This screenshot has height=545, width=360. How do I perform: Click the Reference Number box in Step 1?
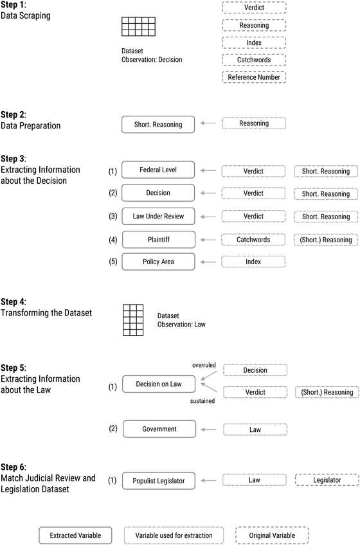(x=254, y=77)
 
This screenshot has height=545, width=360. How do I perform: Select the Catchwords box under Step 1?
(x=254, y=60)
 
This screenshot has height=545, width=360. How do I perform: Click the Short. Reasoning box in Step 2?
(x=158, y=124)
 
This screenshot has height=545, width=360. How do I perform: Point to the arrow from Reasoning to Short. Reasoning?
(x=208, y=124)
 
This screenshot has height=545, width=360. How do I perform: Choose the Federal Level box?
(x=158, y=171)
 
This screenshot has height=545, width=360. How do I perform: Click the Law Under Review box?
(x=158, y=217)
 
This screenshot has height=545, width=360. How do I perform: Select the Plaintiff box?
(x=158, y=240)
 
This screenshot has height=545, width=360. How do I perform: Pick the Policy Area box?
(x=158, y=262)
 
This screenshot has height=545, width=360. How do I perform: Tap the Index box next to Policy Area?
(x=254, y=262)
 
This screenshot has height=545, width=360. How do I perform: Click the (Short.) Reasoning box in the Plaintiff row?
(x=326, y=240)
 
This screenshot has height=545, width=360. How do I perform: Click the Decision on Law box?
(x=158, y=384)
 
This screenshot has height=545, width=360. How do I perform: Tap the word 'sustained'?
(x=202, y=402)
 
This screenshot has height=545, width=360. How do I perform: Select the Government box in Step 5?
(x=158, y=429)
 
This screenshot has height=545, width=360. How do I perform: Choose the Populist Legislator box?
(x=158, y=480)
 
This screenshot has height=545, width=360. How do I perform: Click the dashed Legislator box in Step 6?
(x=326, y=480)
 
